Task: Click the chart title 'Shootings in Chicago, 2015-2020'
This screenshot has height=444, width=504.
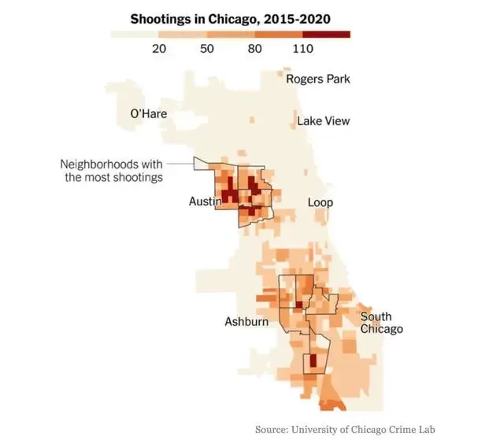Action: click(230, 19)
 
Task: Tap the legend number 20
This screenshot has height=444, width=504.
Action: click(159, 49)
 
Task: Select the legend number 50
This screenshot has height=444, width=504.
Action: click(206, 49)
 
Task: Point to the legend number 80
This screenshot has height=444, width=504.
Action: click(254, 49)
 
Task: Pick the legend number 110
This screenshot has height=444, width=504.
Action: click(302, 49)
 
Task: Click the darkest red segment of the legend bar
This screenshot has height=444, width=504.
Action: click(326, 35)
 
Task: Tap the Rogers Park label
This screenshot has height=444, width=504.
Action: click(318, 79)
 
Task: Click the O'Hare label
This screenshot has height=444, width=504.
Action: click(149, 113)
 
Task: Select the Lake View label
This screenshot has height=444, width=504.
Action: click(324, 121)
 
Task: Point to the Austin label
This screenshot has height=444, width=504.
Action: click(206, 202)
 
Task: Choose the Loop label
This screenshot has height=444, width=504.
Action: click(321, 203)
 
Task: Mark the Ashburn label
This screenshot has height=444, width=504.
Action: click(246, 322)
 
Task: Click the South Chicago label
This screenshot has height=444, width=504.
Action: click(381, 323)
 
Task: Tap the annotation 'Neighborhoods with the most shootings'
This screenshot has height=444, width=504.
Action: click(112, 171)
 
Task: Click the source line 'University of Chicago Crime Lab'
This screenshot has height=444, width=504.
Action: click(363, 430)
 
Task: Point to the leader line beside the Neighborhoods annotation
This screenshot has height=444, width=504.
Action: click(180, 164)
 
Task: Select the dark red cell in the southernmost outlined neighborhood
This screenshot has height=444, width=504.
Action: click(313, 361)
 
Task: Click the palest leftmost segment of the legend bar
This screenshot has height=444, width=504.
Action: click(135, 35)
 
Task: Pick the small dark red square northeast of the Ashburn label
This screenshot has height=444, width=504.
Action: click(299, 305)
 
